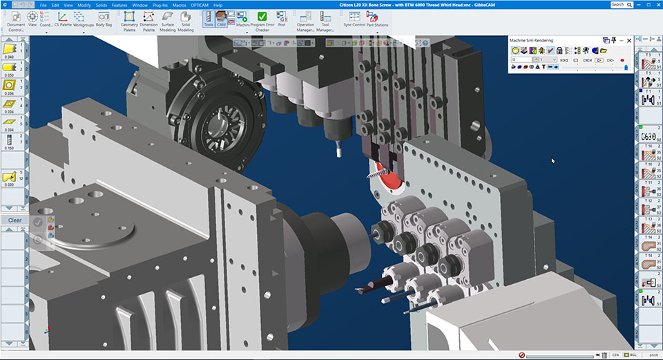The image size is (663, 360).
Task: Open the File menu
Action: click(x=43, y=5)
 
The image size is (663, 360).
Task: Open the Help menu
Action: click(x=218, y=5)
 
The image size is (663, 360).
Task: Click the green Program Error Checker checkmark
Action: click(x=262, y=17)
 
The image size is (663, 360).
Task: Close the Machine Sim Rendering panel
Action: click(x=628, y=41)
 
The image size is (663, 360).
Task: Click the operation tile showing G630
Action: click(x=648, y=135)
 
